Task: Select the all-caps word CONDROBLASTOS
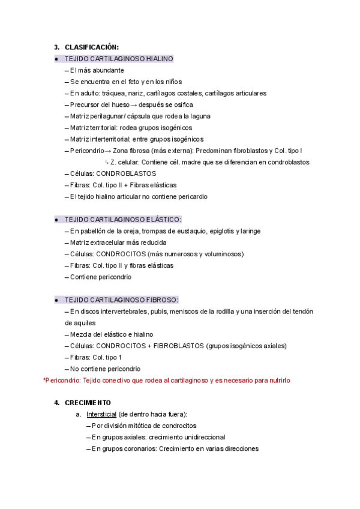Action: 126,173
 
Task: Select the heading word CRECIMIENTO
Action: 88,403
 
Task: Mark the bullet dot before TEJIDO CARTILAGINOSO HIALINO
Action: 56,59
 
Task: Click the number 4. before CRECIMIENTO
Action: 57,403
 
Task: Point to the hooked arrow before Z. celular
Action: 106,162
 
